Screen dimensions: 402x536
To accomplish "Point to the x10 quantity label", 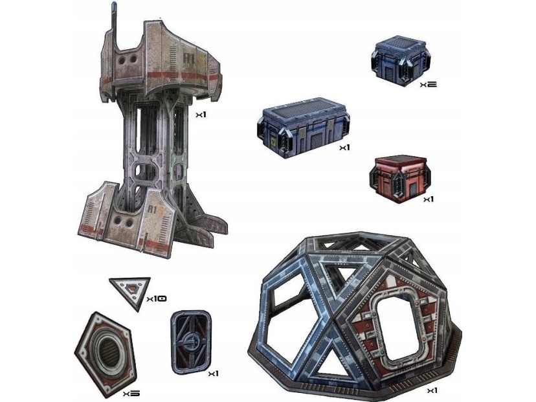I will pyautogui.click(x=157, y=299).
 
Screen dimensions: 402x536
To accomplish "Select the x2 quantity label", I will pyautogui.click(x=428, y=85).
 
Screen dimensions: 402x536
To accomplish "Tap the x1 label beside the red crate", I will pyautogui.click(x=428, y=199).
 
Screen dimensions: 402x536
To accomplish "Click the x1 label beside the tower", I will pyautogui.click(x=201, y=115).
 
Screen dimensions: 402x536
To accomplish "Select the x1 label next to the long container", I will pyautogui.click(x=344, y=148).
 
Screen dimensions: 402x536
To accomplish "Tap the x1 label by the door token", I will pyautogui.click(x=213, y=374).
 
